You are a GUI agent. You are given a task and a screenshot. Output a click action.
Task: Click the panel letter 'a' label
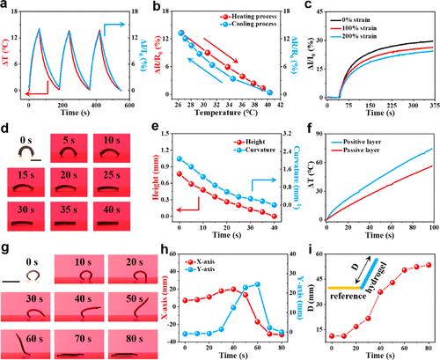7,8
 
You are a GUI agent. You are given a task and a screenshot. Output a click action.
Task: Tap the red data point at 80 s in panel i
429,265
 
